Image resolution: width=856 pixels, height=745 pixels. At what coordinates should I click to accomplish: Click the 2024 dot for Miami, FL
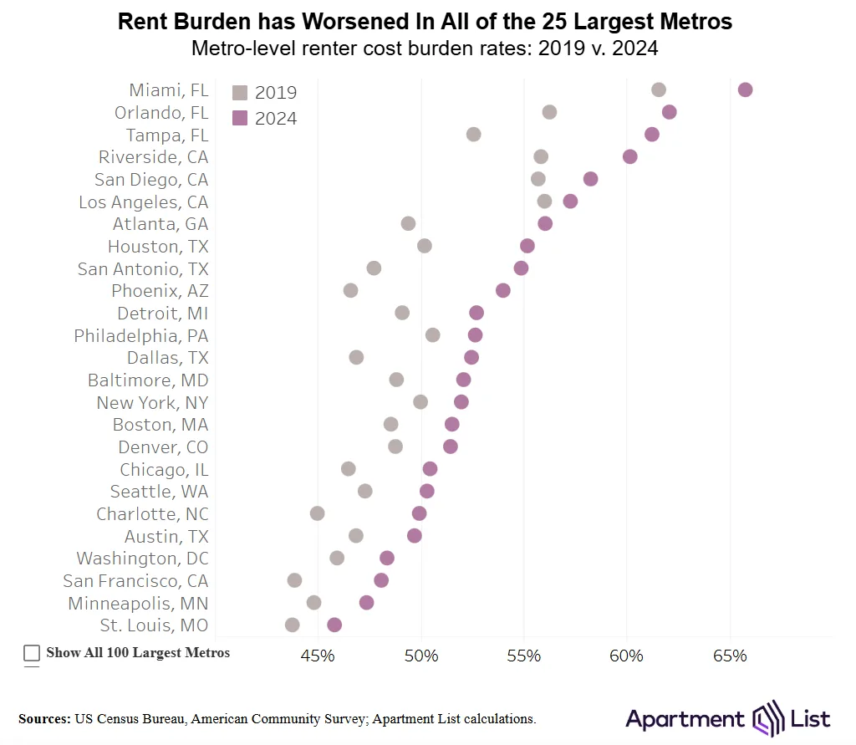point(745,89)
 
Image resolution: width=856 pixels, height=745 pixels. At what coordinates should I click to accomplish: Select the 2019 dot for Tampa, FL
point(474,135)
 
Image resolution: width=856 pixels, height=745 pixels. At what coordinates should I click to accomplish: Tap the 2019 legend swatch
point(240,92)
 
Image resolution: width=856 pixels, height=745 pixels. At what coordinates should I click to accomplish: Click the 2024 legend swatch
point(240,118)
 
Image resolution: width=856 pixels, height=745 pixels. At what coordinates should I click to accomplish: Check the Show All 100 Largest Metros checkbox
point(32,653)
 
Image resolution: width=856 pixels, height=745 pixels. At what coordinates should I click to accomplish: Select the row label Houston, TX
point(158,247)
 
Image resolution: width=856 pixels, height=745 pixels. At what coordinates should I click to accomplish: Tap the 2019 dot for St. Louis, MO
point(292,625)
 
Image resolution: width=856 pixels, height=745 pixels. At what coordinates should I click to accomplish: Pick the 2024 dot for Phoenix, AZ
point(503,290)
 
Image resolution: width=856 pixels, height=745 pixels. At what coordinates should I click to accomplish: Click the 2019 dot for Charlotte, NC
point(317,513)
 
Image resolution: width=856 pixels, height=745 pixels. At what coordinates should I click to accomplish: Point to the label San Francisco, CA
point(135,580)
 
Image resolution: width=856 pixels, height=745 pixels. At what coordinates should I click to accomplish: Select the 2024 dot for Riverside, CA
point(630,156)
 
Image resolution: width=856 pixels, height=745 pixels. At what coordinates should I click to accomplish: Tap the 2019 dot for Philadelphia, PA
point(432,335)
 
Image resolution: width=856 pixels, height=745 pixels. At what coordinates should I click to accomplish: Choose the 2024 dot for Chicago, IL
point(430,468)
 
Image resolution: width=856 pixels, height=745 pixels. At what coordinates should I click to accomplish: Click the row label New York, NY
point(152,402)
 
